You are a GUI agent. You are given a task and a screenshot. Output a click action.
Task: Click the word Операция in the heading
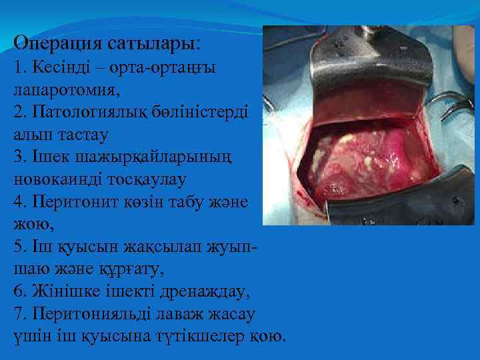(56, 44)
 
